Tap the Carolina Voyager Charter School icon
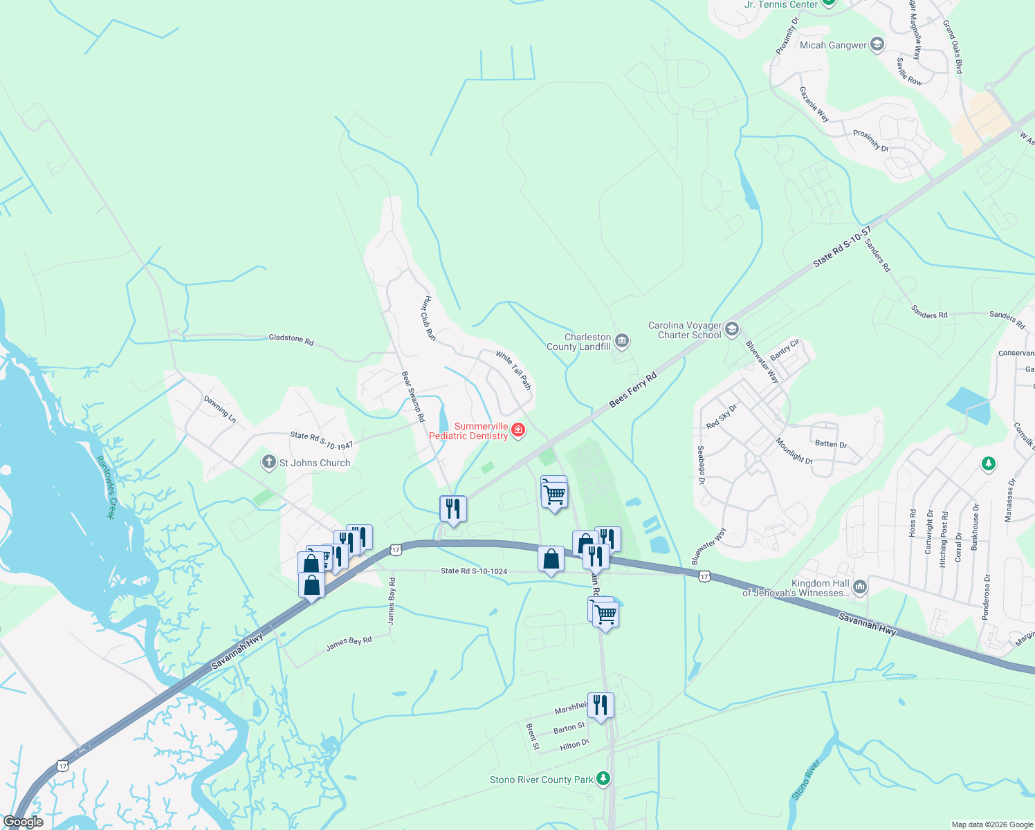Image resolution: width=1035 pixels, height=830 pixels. coord(732,329)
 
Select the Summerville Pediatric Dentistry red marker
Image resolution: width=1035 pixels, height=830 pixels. coord(517,431)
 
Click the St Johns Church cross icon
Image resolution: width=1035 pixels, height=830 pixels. coord(269,462)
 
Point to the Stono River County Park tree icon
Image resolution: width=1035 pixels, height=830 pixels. coord(603,779)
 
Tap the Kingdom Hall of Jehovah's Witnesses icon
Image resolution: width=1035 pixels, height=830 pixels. coord(859,587)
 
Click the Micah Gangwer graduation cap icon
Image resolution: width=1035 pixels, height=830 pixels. coord(877,45)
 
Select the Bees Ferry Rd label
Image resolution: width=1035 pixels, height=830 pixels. coord(632,390)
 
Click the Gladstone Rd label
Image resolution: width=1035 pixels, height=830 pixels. coord(291,339)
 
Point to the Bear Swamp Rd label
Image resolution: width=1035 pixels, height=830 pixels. coord(413,396)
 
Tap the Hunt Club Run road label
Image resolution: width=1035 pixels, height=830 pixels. coord(429,317)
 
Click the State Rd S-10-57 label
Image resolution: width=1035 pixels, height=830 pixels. coord(841,246)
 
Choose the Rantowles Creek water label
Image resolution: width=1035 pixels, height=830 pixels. coord(105,487)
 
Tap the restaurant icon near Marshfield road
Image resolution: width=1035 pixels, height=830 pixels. coord(600,705)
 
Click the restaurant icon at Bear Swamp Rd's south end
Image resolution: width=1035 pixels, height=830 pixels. coord(453,508)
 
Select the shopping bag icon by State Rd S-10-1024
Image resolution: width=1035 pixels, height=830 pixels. coord(551,558)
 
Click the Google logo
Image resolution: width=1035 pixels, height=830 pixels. coord(23,822)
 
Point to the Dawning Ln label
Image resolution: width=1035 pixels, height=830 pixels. coord(220,409)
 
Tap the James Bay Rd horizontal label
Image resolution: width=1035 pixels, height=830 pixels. coord(349,643)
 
